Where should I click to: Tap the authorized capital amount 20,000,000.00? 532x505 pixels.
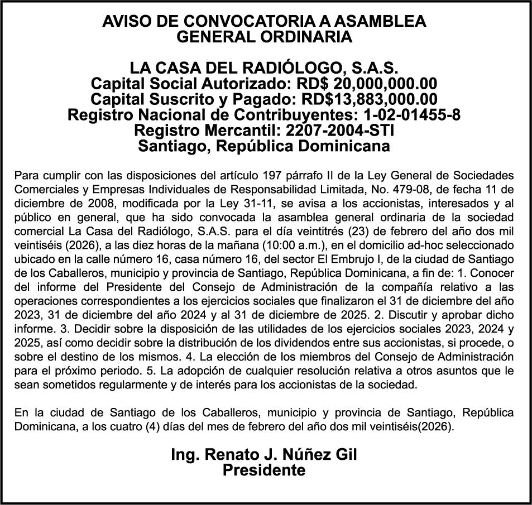[384, 84]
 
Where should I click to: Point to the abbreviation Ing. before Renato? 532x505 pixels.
[184, 455]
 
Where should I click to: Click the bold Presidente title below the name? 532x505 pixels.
[264, 470]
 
